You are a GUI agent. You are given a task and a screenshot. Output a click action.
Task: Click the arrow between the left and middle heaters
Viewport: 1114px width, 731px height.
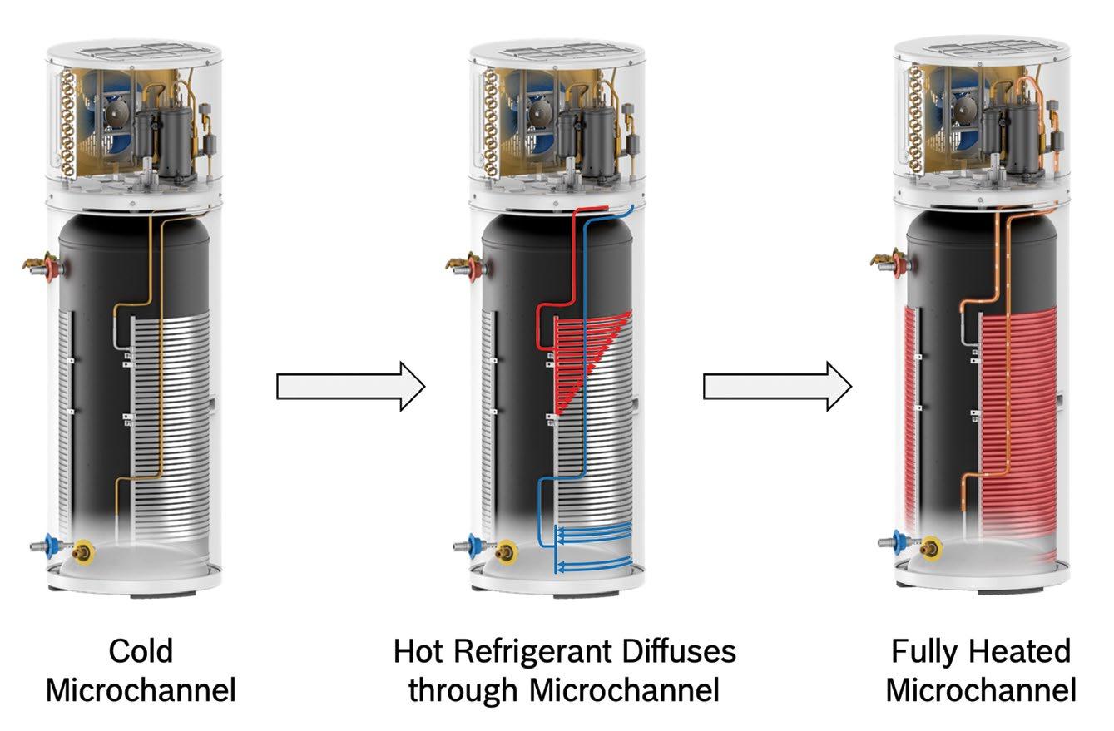350,386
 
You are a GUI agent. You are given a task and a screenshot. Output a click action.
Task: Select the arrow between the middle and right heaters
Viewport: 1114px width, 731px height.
777,386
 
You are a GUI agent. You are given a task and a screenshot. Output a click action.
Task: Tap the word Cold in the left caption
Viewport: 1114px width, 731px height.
141,650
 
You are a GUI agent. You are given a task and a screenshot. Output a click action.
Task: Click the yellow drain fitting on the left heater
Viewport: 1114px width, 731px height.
83,551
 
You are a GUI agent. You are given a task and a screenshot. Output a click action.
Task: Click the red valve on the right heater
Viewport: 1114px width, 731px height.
901,266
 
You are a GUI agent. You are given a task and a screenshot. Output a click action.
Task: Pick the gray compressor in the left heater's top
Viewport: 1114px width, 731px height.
172,141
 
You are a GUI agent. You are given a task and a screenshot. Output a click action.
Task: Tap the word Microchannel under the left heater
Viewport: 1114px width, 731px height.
141,690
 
